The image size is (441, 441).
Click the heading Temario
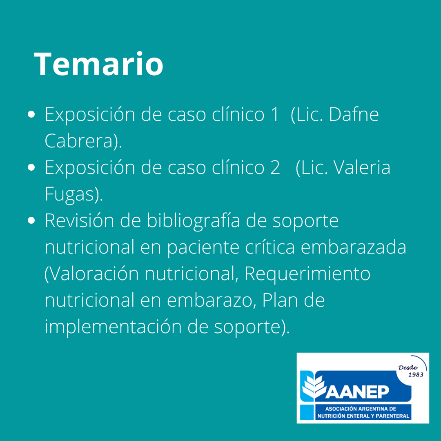point(98,64)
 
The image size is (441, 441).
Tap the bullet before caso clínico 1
point(31,114)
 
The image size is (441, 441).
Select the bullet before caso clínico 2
point(31,167)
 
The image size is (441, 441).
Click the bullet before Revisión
point(31,220)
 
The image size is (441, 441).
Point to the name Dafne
point(354,114)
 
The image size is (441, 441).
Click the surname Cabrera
point(79,140)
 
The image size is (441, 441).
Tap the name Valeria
point(362,167)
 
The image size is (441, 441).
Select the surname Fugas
point(69,194)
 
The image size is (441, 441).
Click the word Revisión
point(79,220)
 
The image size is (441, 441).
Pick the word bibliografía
point(194,220)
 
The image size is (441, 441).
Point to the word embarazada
point(354,247)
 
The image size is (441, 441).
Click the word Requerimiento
point(307,274)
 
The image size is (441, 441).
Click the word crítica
point(270,247)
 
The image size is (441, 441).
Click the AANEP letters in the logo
point(357,392)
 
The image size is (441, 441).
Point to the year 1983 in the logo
point(416,374)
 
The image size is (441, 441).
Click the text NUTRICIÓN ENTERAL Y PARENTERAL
point(363,416)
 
